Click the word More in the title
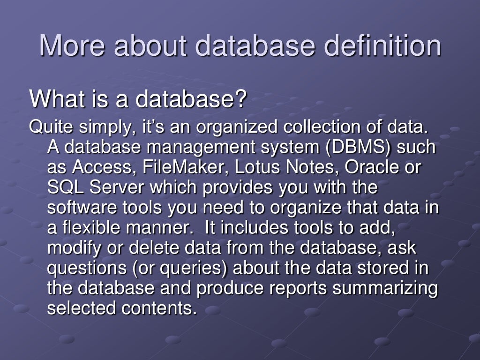coord(73,45)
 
